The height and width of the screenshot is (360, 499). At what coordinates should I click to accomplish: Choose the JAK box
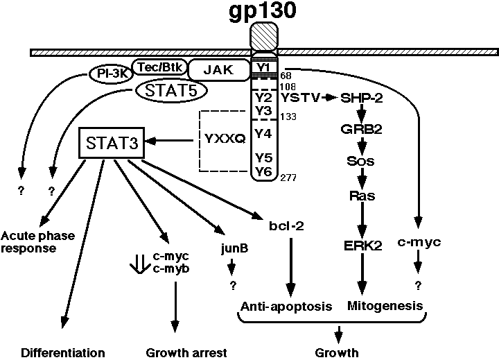click(x=217, y=69)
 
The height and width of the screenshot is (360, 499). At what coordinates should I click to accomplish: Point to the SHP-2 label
click(x=362, y=98)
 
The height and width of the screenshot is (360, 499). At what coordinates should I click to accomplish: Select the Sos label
click(x=362, y=161)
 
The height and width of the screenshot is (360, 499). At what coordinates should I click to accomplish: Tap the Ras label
click(x=362, y=196)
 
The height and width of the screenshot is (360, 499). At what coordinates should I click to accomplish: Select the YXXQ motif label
click(x=226, y=139)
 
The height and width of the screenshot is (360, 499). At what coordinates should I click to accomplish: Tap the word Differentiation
click(x=63, y=352)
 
